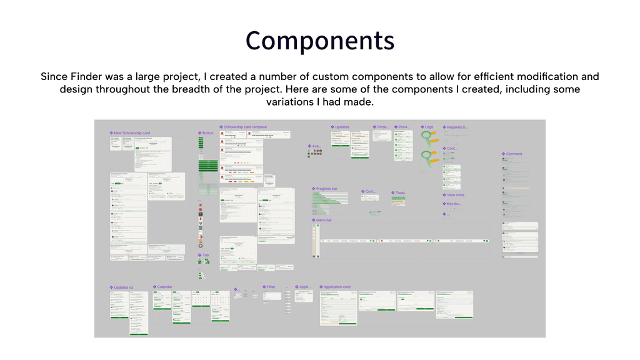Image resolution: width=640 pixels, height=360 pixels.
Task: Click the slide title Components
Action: pos(319,41)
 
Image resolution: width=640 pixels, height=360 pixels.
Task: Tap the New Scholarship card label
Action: pos(132,133)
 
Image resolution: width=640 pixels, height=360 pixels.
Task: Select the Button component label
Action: pos(207,133)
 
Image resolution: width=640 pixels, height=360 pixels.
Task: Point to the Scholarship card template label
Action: pos(244,127)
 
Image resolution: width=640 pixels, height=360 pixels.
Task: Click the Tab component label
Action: pos(206,255)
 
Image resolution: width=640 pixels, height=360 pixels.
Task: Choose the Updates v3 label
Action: pos(123,287)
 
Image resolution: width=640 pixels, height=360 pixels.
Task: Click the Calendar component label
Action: pos(164,287)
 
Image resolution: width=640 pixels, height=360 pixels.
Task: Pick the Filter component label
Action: pos(271,287)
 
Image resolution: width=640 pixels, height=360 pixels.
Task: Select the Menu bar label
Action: pos(324,220)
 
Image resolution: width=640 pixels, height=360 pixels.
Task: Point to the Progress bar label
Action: pos(326,188)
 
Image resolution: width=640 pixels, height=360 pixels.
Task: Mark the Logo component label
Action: pos(428,127)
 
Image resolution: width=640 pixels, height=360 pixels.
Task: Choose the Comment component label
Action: pos(514,154)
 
